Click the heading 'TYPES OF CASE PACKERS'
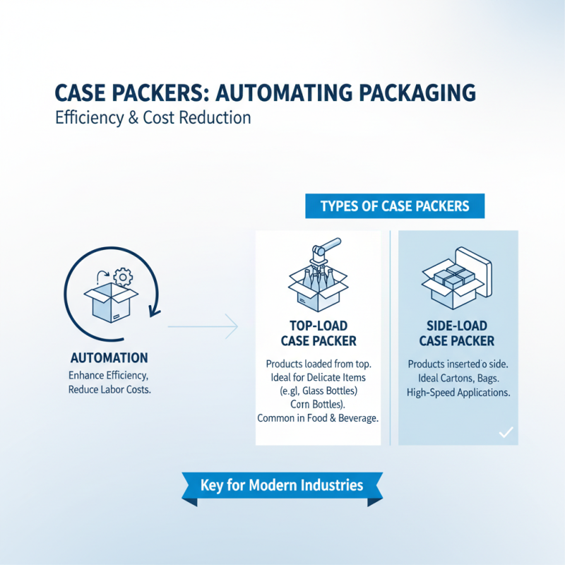tap(395, 206)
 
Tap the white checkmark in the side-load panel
tap(506, 432)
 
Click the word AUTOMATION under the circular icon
tap(109, 357)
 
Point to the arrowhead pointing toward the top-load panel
tap(234, 326)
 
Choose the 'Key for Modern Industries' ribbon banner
tap(281, 485)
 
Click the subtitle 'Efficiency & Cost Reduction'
tap(153, 117)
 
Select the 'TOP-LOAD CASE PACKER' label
tap(318, 334)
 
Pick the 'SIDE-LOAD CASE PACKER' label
tap(457, 334)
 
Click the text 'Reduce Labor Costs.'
tap(109, 389)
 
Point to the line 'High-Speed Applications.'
tap(458, 392)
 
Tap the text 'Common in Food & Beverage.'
tap(318, 418)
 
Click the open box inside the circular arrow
tap(103, 299)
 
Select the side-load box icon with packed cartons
tap(452, 277)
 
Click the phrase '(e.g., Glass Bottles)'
tap(319, 391)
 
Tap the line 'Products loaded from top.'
tap(319, 364)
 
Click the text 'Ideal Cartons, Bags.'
tap(458, 378)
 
